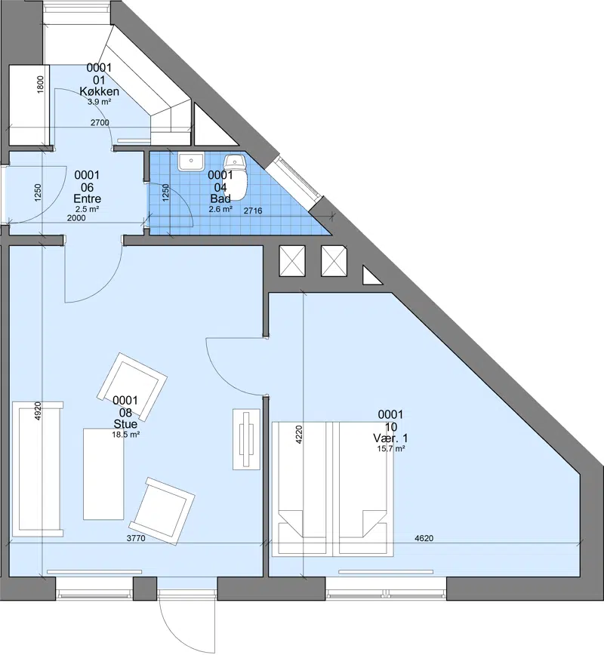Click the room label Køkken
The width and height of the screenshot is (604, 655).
(99, 91)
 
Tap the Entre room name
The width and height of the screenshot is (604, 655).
(88, 199)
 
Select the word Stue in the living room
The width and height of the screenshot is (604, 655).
(125, 424)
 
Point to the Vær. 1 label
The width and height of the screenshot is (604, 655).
(390, 438)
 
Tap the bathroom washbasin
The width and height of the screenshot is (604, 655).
(191, 161)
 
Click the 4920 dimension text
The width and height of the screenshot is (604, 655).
(38, 411)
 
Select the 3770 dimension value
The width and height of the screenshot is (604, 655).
(136, 538)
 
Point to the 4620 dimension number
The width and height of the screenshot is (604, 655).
(424, 538)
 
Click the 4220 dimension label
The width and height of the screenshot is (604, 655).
(298, 435)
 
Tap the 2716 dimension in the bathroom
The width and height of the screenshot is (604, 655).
(253, 211)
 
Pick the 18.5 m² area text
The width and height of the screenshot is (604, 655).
(125, 435)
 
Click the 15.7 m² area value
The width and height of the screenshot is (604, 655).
(390, 449)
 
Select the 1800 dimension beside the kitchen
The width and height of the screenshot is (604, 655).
(40, 85)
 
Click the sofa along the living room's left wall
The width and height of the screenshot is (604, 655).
(38, 469)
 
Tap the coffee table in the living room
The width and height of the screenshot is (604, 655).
(103, 474)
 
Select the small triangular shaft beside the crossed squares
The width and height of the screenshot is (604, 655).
(371, 276)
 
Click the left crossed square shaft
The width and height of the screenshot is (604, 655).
(292, 261)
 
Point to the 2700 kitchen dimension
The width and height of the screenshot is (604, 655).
(100, 122)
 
